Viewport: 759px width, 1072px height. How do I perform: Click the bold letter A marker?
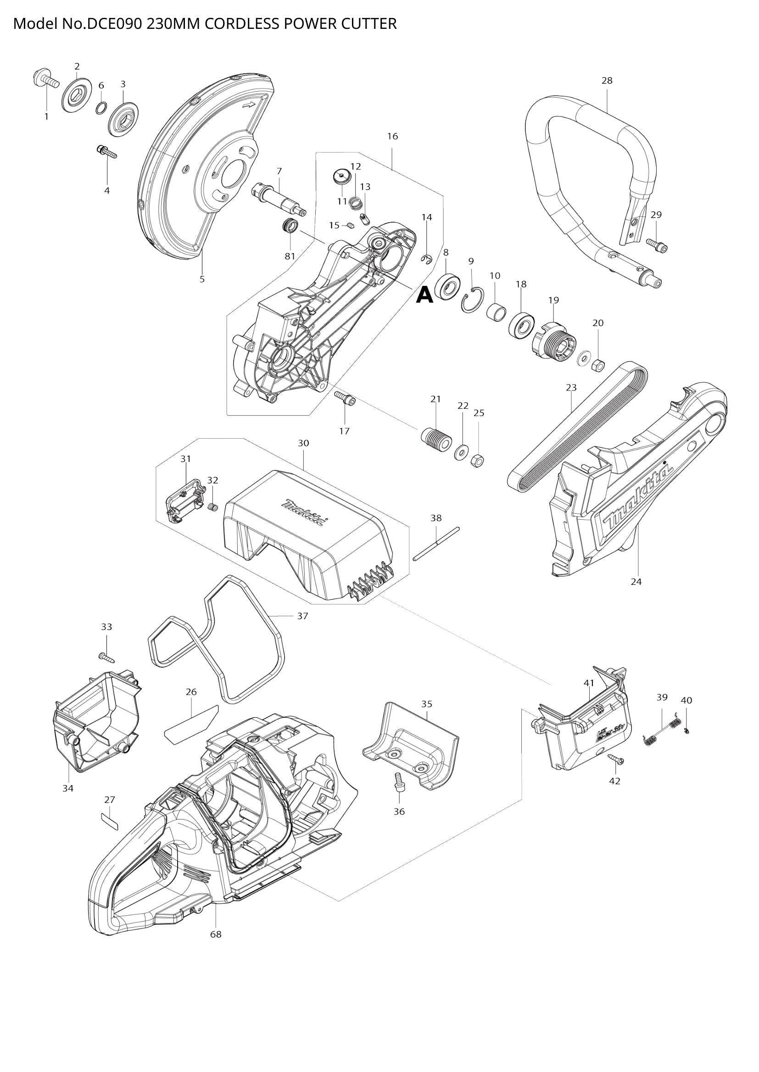coord(424,295)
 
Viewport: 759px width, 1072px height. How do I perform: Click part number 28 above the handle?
coord(607,81)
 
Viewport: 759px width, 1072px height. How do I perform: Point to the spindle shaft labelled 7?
coord(279,200)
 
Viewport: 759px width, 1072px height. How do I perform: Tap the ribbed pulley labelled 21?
coord(435,440)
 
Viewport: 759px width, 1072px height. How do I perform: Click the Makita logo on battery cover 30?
coord(304,514)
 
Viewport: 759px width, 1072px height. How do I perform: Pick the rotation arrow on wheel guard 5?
coord(249,105)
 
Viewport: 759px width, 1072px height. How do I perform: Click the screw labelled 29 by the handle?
coord(657,244)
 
